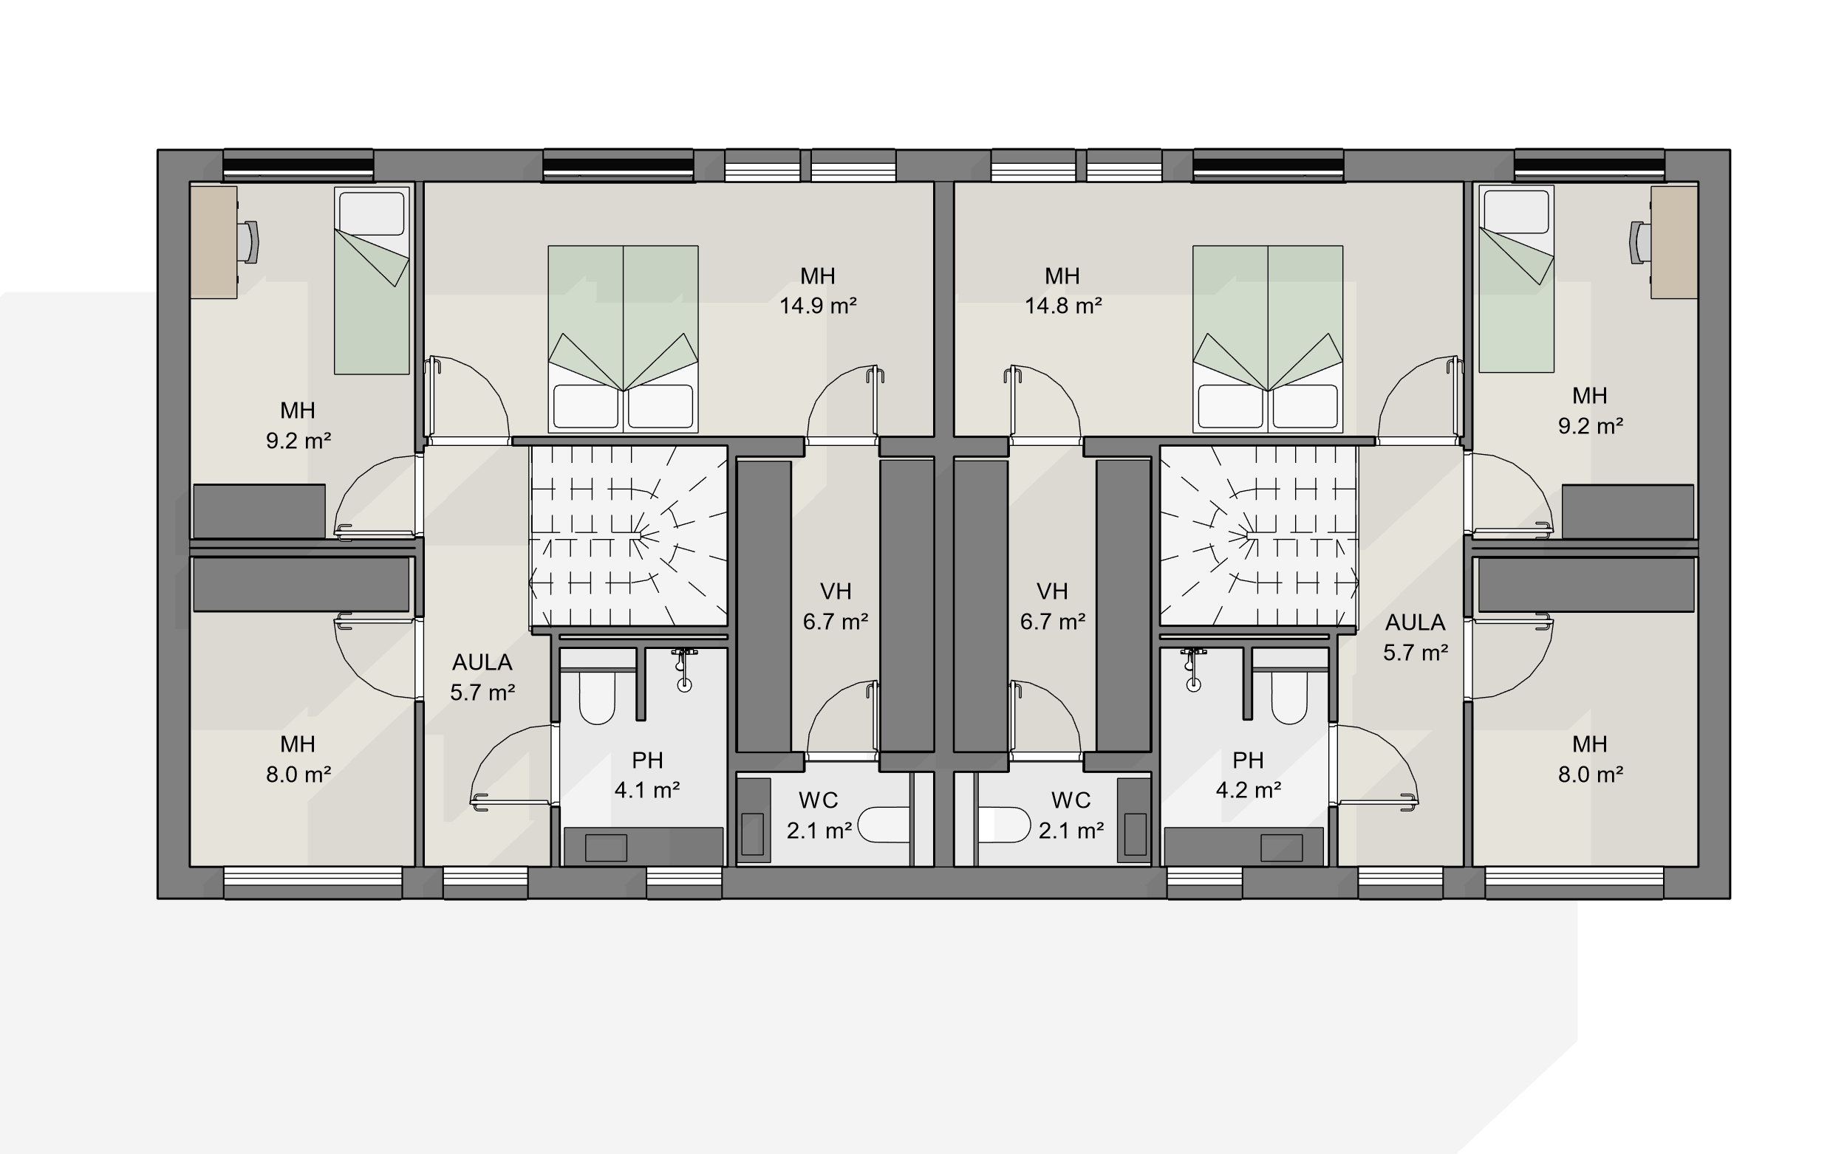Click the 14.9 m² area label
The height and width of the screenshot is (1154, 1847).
tap(818, 305)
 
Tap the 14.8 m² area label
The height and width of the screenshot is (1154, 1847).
tap(1063, 305)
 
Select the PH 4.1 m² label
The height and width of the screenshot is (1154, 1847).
tap(647, 775)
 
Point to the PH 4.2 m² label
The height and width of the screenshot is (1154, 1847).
tap(1249, 775)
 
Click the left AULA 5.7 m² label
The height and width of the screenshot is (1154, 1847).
tap(482, 677)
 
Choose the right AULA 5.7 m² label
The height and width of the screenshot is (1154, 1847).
tap(1416, 637)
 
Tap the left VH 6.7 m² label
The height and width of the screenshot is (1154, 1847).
tap(836, 606)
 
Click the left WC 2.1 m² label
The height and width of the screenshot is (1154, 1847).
tap(819, 815)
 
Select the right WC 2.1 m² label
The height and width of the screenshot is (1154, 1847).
tap(1071, 815)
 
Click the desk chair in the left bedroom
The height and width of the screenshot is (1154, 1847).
tap(248, 242)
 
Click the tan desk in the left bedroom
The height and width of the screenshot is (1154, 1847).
tap(214, 242)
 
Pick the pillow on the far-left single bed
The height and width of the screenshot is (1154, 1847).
tap(372, 213)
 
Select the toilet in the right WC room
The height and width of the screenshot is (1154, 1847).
tap(1004, 825)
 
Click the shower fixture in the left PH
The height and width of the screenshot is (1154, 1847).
tap(684, 670)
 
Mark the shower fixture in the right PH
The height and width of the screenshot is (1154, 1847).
tap(1193, 670)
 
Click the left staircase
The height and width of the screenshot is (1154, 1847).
tap(629, 536)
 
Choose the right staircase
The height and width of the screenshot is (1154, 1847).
tap(1258, 536)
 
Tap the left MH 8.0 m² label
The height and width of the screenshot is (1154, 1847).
tap(298, 760)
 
